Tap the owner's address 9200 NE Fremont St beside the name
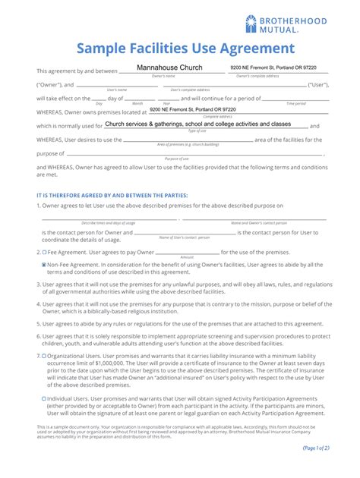pyautogui.click(x=264, y=69)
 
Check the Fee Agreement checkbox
pyautogui.click(x=45, y=251)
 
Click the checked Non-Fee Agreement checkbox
pyautogui.click(x=45, y=265)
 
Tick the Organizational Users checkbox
pyautogui.click(x=45, y=355)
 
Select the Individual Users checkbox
pyautogui.click(x=45, y=398)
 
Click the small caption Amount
pyautogui.click(x=188, y=257)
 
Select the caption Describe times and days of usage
pyautogui.click(x=109, y=222)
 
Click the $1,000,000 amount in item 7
pyautogui.click(x=97, y=362)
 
